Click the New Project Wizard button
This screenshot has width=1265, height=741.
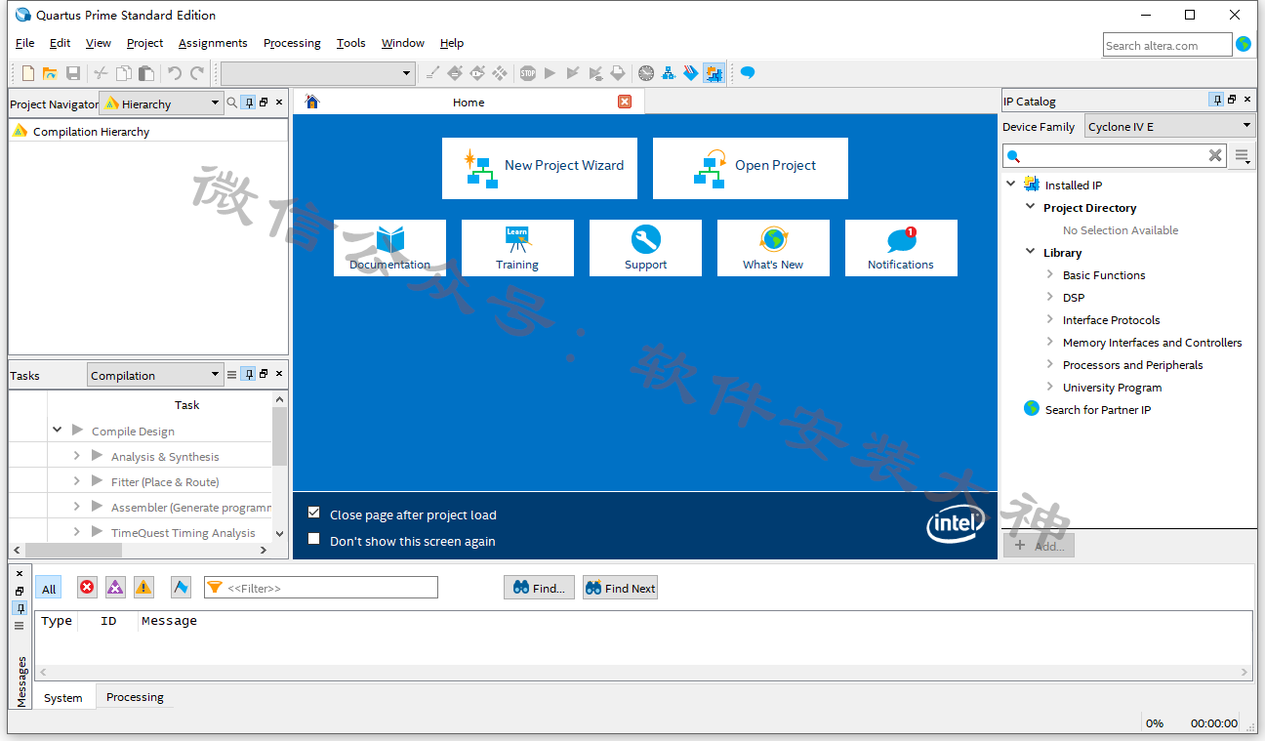(540, 168)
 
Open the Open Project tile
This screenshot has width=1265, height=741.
(750, 168)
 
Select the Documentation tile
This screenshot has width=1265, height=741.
(389, 247)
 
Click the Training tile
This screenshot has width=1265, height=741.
(517, 247)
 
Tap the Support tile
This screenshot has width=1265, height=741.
(645, 247)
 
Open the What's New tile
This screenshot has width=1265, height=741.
(773, 247)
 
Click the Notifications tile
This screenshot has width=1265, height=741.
(901, 247)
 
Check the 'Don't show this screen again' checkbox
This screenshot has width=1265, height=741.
(314, 539)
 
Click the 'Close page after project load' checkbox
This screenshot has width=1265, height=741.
(314, 513)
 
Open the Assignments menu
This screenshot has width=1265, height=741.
(213, 43)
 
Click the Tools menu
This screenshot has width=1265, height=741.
(350, 43)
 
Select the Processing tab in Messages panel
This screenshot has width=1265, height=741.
(135, 697)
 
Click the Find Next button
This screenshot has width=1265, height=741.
(620, 588)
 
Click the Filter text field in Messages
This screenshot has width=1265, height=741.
(321, 588)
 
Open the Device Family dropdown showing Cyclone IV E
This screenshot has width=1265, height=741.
(1169, 127)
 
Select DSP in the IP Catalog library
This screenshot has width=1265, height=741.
(1074, 298)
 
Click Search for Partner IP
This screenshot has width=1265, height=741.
(1097, 410)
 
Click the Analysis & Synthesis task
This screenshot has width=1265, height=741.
(165, 456)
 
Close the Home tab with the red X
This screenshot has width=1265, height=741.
(625, 102)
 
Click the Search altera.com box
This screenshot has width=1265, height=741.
(1166, 45)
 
